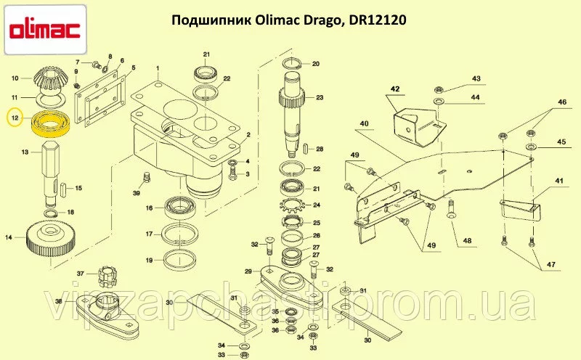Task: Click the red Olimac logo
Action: pos(45,30)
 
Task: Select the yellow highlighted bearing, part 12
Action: pos(50,123)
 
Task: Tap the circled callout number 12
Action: pos(15,118)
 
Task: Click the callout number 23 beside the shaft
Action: pos(320,97)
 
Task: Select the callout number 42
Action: pos(395,89)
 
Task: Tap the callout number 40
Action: pos(364,123)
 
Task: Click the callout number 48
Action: pos(467,241)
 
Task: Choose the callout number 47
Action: pos(550,264)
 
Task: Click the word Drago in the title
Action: pos(321,20)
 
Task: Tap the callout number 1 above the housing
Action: pos(158,68)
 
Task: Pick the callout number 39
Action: pos(137,193)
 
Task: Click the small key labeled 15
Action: pos(64,187)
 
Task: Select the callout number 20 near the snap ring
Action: pos(315,64)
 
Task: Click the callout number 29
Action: pos(248,271)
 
